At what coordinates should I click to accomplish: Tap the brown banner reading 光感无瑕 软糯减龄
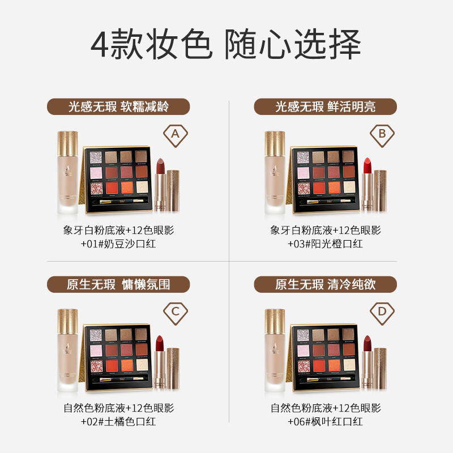[x=118, y=106]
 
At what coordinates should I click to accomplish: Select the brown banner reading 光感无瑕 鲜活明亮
[x=325, y=106]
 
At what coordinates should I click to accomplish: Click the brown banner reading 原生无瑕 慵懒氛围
[x=118, y=284]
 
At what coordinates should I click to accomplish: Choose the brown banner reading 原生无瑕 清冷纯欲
[x=325, y=284]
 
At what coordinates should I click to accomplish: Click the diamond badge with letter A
[x=175, y=134]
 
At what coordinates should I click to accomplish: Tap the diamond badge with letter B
[x=382, y=134]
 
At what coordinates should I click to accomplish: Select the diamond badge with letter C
[x=175, y=311]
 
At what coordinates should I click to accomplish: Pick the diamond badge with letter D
[x=382, y=311]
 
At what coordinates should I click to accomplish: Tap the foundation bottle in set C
[x=69, y=351]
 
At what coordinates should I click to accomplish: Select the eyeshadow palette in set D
[x=326, y=357]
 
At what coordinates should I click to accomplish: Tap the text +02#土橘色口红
[x=118, y=421]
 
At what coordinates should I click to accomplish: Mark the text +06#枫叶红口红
[x=325, y=421]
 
